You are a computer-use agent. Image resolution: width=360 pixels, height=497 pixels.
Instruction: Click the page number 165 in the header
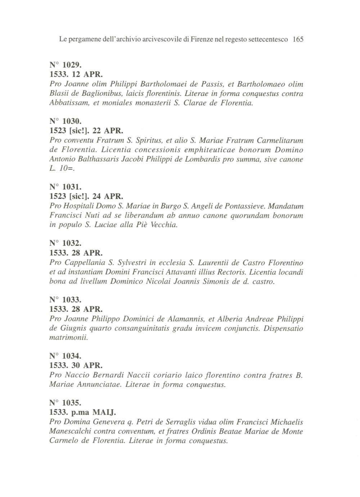coord(298,39)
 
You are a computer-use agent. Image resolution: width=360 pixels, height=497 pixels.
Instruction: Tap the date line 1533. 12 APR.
coord(76,75)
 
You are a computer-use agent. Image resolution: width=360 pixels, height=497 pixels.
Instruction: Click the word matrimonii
coord(68,338)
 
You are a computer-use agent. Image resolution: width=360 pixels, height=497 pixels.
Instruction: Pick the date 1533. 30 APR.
coord(76,366)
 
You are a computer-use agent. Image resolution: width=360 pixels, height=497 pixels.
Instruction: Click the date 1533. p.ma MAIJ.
coord(82,412)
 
